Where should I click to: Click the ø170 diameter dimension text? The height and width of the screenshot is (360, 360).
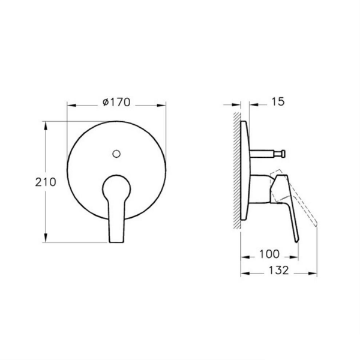pos(116,103)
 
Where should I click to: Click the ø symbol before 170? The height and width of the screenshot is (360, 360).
pos(106,103)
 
